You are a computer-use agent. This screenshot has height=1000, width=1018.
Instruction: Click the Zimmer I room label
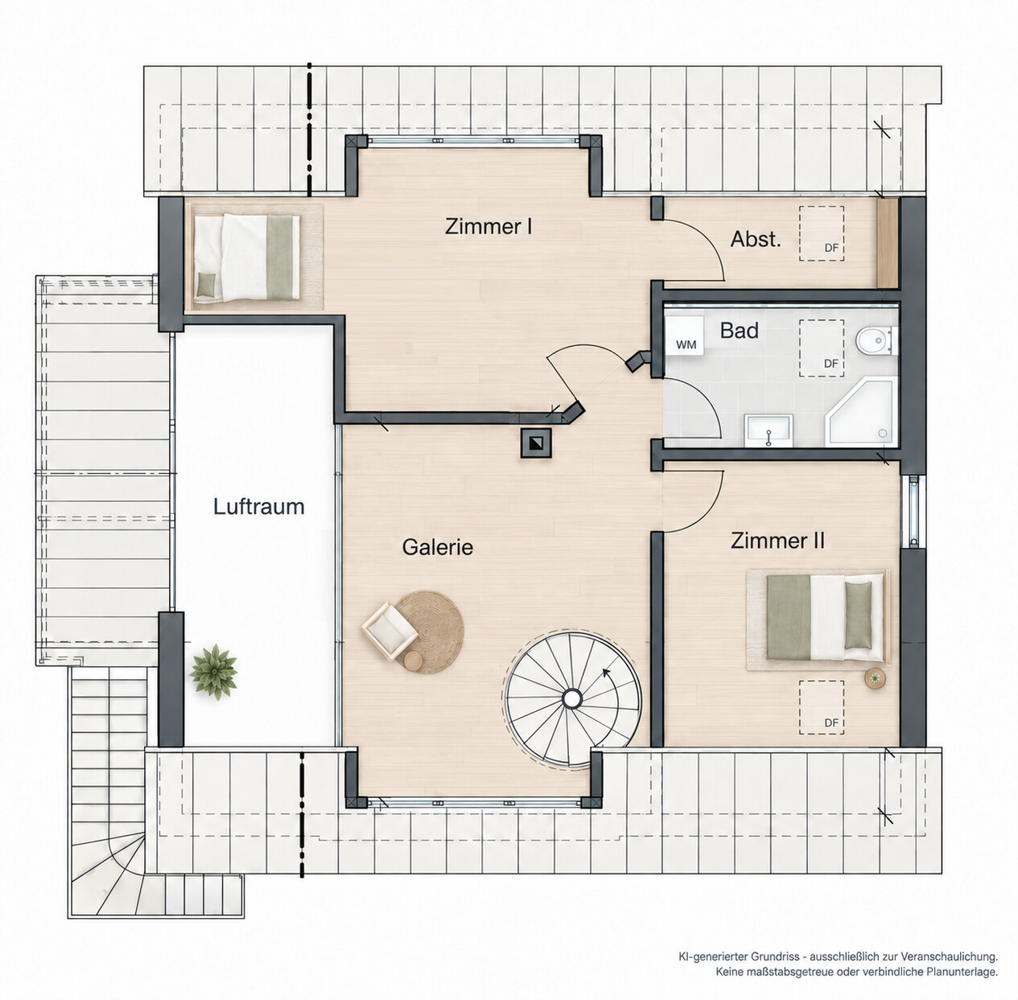pos(488,226)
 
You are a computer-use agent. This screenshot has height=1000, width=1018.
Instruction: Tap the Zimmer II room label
pos(777,541)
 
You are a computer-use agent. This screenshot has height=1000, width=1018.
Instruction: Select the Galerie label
pos(438,547)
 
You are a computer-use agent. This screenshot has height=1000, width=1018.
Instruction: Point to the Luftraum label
pos(259,507)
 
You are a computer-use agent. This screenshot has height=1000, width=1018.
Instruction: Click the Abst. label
pos(756,239)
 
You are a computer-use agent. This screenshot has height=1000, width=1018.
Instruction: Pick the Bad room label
pos(739,331)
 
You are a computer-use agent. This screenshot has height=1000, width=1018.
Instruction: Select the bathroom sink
pos(769,430)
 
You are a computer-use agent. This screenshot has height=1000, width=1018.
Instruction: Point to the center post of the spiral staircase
pos(571,698)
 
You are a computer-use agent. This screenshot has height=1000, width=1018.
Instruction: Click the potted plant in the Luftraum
pos(213,672)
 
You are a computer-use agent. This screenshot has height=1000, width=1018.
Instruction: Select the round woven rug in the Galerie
pos(429,632)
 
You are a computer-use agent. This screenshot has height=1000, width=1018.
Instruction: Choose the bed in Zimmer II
pos(825,617)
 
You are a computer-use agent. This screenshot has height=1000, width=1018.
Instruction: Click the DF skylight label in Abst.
pos(831,248)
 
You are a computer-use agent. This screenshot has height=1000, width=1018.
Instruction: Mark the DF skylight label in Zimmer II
pos(831,722)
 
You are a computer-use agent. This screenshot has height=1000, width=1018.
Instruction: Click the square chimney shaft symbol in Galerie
pos(536,442)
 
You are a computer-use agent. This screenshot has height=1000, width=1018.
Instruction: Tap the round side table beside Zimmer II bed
pos(874,678)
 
